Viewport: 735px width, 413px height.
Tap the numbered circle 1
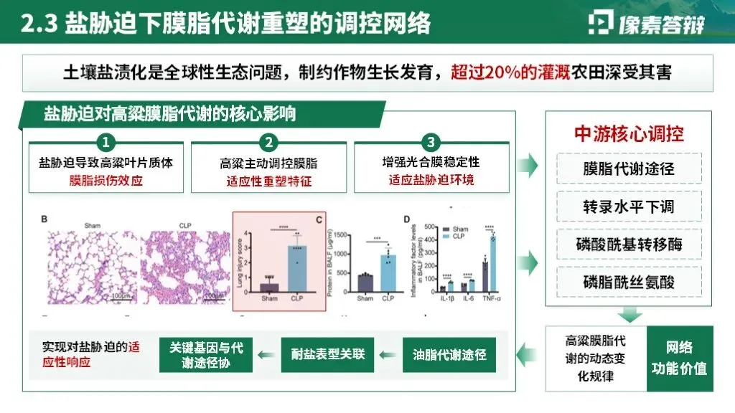coord(106,141)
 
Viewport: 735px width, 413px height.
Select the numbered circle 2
coord(268,141)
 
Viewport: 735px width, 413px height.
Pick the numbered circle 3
coord(431,141)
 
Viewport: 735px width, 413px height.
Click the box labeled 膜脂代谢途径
coord(628,170)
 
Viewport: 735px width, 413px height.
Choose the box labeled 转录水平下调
coord(628,207)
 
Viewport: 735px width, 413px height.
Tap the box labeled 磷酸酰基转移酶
coord(628,245)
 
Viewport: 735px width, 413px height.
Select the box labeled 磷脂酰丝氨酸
coord(628,282)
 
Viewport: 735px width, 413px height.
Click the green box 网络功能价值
coord(679,359)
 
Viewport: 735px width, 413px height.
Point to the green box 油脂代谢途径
coord(449,353)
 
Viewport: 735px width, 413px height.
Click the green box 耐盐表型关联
coord(328,353)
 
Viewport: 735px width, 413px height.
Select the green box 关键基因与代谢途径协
coord(207,354)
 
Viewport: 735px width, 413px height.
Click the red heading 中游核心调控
coord(629,133)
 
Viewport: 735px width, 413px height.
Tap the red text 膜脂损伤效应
coord(106,180)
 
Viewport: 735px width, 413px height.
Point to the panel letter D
coord(406,219)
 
